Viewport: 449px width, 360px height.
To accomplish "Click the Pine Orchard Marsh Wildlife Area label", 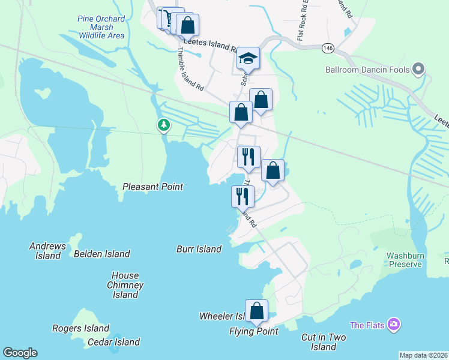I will [x=101, y=28].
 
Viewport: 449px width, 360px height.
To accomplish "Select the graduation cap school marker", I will [x=247, y=59].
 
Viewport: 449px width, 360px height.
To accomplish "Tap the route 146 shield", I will [x=328, y=47].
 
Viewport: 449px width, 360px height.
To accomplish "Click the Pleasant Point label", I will [x=152, y=187].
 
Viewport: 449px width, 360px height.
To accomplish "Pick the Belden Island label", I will [x=101, y=254].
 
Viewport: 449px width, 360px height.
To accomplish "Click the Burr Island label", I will [x=199, y=249].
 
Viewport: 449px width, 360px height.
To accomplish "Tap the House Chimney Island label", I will [x=125, y=285].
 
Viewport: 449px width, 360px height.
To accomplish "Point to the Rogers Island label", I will [x=80, y=328].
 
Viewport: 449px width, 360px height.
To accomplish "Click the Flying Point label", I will [x=253, y=331].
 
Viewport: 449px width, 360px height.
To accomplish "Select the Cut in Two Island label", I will [x=324, y=342].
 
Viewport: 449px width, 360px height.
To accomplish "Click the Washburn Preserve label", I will [x=405, y=259].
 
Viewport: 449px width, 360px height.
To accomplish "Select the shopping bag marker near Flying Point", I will [x=257, y=311].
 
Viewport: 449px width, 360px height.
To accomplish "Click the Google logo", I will [x=20, y=353].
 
